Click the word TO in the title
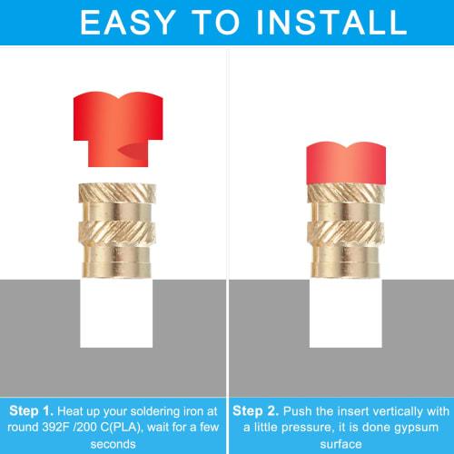click(218, 22)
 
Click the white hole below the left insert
click(111, 309)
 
